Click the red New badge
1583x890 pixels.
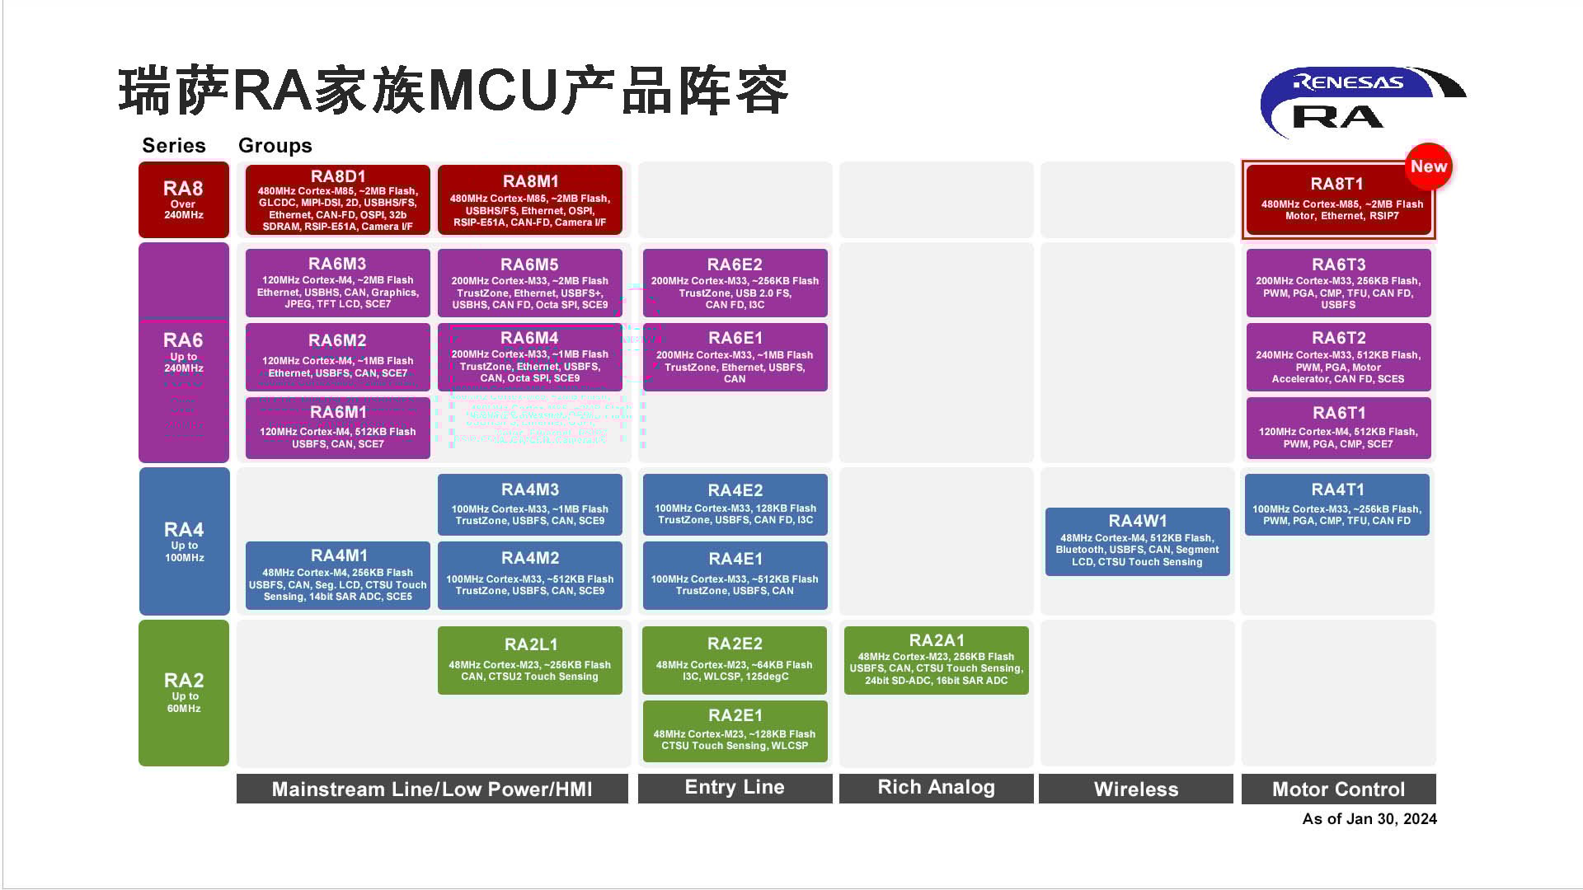1428,166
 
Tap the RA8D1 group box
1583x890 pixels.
337,200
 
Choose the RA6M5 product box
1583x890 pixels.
529,283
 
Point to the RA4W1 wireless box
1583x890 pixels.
1137,541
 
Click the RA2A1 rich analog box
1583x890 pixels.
936,660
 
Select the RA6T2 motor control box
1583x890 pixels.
1338,357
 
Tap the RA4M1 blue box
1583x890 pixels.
337,575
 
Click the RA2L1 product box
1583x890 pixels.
529,660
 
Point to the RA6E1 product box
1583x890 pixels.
735,357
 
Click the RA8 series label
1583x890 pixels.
183,200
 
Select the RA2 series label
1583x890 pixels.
183,692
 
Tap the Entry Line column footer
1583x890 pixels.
735,788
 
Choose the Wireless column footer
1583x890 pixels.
1135,789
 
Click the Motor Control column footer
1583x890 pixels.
1338,789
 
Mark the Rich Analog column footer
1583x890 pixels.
936,788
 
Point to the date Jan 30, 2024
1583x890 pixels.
1369,818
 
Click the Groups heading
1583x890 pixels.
275,146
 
